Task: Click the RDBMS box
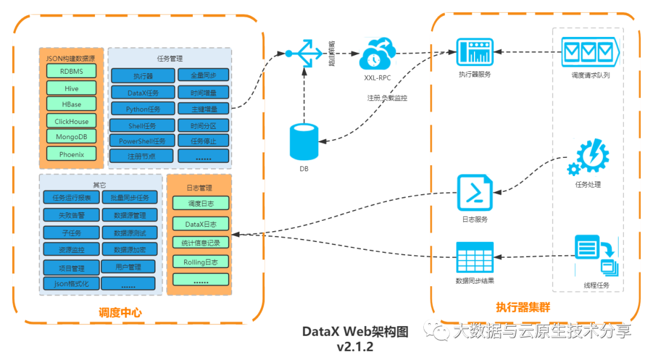(71, 71)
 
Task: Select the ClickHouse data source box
(71, 121)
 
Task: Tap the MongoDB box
(71, 137)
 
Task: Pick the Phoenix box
(71, 154)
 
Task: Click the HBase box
(71, 104)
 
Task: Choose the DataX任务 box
(143, 93)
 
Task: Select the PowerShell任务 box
(143, 141)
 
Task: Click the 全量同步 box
(203, 76)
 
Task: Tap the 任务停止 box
(203, 141)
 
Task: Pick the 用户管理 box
(128, 267)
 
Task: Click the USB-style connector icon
(305, 53)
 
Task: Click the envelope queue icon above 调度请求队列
(588, 53)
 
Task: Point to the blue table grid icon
(475, 257)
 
